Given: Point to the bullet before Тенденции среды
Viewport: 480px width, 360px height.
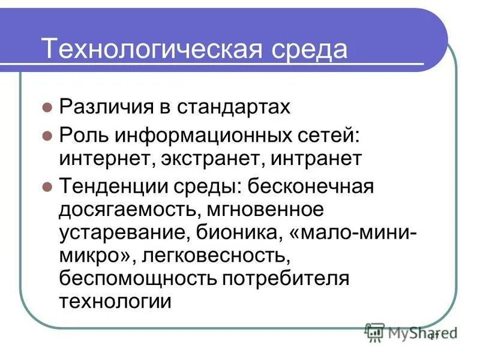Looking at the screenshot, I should click(48, 187).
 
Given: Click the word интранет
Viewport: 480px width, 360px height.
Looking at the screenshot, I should click(316, 160).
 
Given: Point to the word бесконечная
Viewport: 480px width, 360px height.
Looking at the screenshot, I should click(308, 187).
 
